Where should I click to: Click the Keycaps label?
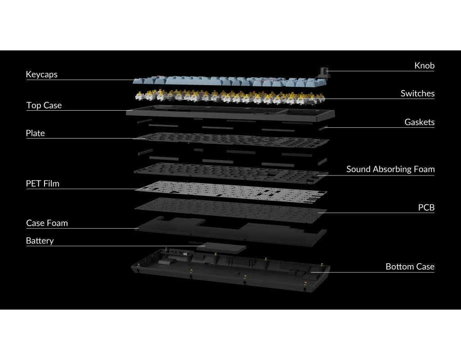point(41,74)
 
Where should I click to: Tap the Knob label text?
point(424,66)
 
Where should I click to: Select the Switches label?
point(417,94)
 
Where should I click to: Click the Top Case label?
point(44,105)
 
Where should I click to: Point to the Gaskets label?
point(419,122)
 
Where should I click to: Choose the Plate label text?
point(35,133)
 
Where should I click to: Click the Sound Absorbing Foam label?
point(390,169)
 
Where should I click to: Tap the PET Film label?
point(42,184)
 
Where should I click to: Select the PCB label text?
point(426,207)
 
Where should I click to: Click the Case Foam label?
point(47,223)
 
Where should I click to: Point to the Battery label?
point(40,241)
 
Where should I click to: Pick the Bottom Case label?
point(410,266)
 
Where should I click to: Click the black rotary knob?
point(324,72)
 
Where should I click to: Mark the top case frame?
point(230,113)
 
